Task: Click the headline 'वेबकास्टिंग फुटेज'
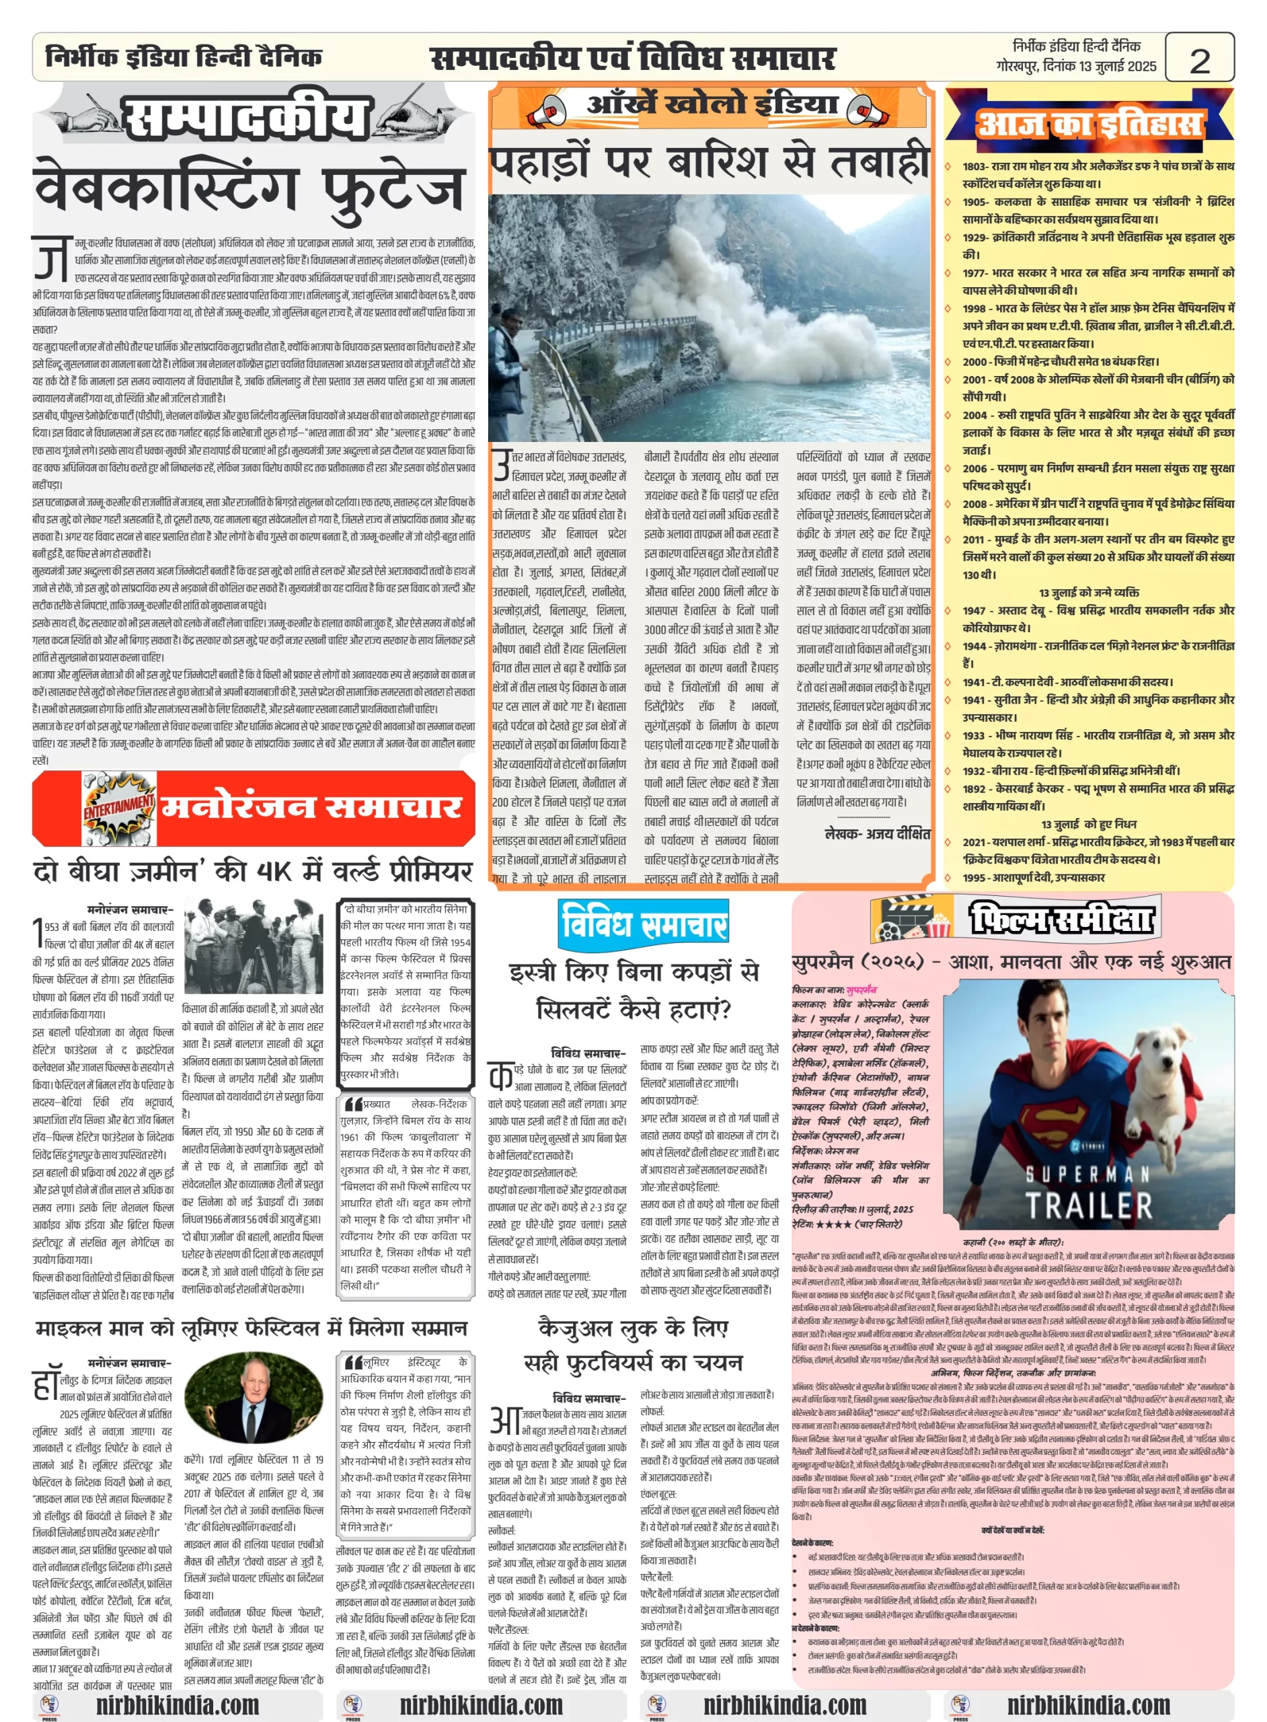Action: click(x=249, y=187)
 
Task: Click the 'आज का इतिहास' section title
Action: click(x=1089, y=124)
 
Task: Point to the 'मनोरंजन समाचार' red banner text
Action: click(x=312, y=808)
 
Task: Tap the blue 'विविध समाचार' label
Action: click(x=643, y=924)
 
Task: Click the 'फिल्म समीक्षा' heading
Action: click(x=1061, y=918)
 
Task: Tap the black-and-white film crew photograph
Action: click(x=253, y=946)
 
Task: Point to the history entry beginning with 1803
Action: click(x=1089, y=175)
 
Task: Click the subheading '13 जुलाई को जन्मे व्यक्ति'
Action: click(x=1088, y=593)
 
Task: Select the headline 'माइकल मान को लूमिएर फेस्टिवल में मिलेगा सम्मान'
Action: click(x=251, y=1328)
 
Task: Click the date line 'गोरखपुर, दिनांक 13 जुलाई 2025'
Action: click(x=1075, y=67)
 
